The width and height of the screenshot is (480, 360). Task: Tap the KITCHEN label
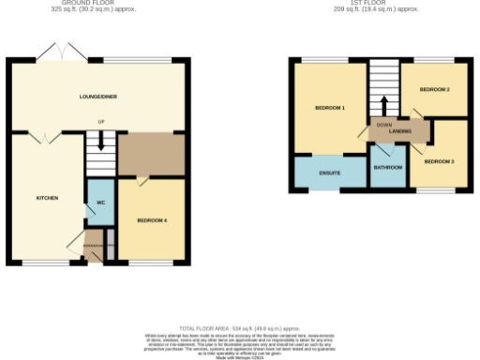(x=47, y=198)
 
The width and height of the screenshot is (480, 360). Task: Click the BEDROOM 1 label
(x=329, y=108)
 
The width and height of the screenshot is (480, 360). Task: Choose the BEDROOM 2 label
(x=434, y=89)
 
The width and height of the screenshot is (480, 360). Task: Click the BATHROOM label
(x=387, y=168)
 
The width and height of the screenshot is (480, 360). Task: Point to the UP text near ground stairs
(x=99, y=123)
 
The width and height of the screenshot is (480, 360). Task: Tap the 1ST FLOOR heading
(x=380, y=3)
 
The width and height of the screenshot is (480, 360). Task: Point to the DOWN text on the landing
(x=383, y=124)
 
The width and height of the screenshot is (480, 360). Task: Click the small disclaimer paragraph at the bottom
(x=240, y=341)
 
